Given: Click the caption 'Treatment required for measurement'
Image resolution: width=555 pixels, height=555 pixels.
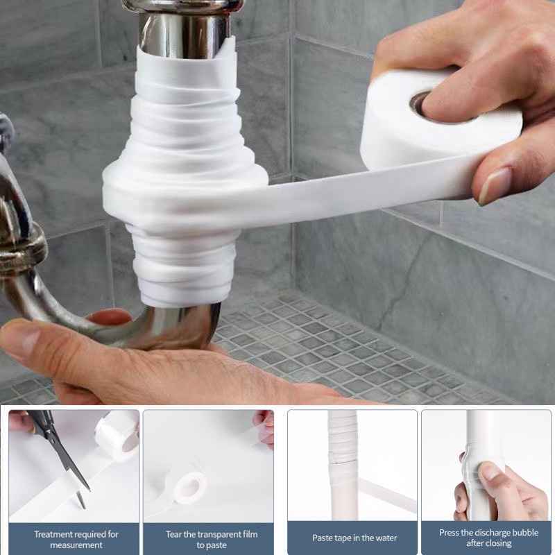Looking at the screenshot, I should point(76,539).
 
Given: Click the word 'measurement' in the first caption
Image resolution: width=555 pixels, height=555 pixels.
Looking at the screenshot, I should point(76,545).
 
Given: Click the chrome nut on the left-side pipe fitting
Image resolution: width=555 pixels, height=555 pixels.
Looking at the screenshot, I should point(21,250).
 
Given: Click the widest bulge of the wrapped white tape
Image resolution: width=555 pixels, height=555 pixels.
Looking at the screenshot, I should point(184,187).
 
